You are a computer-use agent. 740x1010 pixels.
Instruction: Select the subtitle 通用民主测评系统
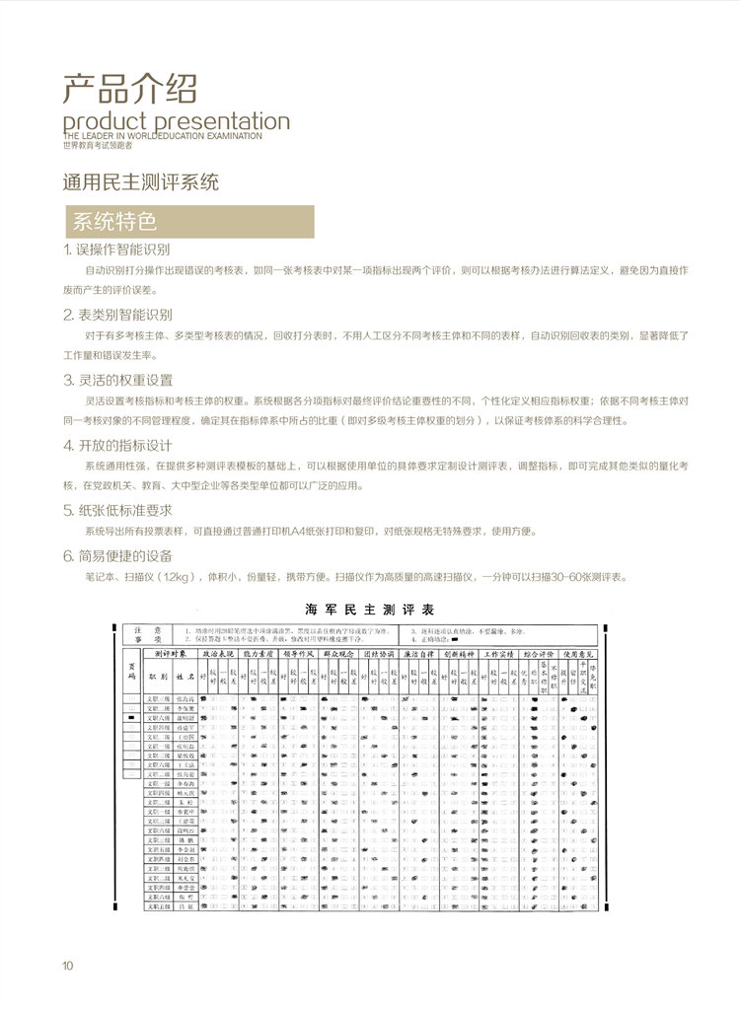[x=139, y=182]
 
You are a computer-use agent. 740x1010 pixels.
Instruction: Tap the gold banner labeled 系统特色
[x=187, y=222]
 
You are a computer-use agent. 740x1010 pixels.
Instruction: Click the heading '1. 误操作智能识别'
[x=116, y=250]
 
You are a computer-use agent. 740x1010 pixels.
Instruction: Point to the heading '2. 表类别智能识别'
[x=116, y=315]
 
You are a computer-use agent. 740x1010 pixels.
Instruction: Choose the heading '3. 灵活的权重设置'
[x=116, y=380]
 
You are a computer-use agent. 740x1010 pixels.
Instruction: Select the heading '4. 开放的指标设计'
[x=116, y=445]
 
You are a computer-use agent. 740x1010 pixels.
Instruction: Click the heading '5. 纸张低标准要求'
[x=116, y=510]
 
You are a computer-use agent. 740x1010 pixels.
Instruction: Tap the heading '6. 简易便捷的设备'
[x=116, y=555]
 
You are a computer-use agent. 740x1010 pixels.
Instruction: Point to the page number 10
[x=67, y=965]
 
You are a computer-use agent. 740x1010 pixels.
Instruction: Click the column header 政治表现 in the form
[x=219, y=654]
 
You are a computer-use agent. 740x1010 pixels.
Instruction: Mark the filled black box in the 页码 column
[x=129, y=721]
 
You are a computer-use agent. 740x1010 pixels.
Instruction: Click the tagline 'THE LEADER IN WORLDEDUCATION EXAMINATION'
[x=162, y=136]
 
